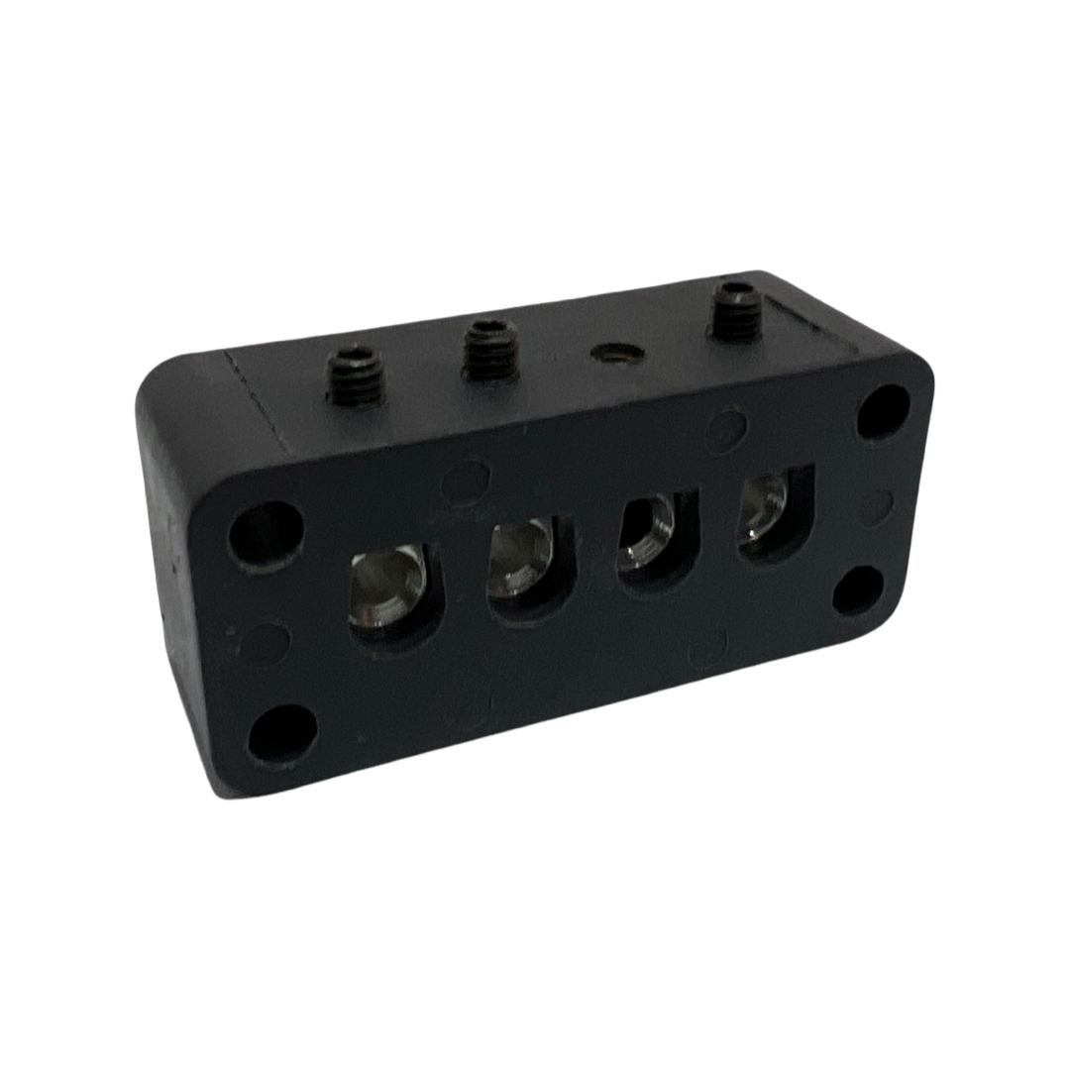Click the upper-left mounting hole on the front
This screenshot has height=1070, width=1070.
[x=266, y=533]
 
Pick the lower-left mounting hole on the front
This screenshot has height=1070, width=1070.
[x=281, y=734]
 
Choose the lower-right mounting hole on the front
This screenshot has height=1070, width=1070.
[x=858, y=590]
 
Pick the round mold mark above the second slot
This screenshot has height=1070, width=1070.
[x=466, y=481]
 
